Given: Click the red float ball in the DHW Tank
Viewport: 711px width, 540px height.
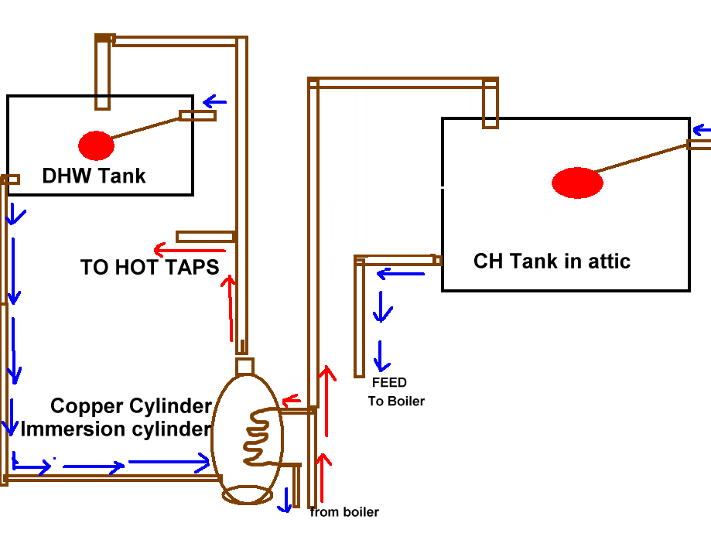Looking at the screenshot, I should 96,145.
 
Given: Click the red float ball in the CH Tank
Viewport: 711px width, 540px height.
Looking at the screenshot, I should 577,183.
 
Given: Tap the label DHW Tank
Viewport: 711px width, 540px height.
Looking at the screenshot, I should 94,176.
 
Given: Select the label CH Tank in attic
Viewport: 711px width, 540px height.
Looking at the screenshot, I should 552,261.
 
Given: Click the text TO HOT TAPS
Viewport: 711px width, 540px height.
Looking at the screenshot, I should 149,268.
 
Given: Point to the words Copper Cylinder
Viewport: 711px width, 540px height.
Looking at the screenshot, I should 132,406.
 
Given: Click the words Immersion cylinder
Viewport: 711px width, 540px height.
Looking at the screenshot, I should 116,429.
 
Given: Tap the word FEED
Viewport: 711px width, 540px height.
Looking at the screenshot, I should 389,383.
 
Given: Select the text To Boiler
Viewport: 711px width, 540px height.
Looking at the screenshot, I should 396,402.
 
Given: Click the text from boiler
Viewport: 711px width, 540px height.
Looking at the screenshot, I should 344,512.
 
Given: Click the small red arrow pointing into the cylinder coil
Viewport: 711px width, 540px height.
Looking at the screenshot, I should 291,400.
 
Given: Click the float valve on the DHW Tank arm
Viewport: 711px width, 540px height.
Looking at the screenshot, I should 197,116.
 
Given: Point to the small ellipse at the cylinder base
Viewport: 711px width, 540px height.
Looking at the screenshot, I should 248,494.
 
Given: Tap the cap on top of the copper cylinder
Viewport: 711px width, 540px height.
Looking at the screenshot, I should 244,365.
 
